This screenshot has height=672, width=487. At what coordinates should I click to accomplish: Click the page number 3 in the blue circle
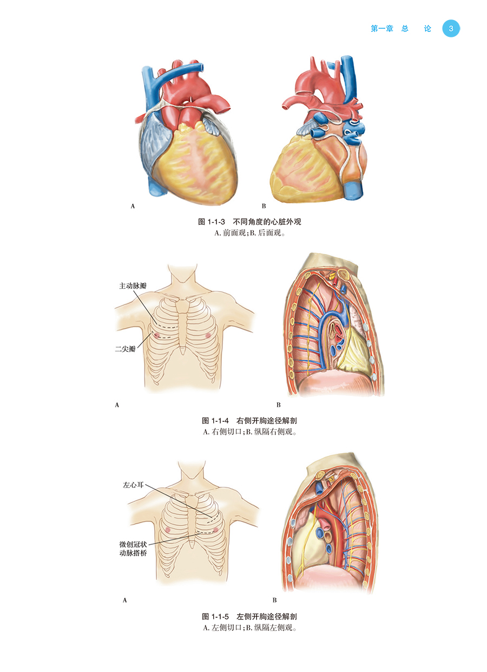pos(451,29)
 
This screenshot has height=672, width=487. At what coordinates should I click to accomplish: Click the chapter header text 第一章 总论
pos(401,29)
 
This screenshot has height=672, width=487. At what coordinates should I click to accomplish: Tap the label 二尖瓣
pos(126,350)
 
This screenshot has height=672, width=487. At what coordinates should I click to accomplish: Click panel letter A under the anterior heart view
pos(133,206)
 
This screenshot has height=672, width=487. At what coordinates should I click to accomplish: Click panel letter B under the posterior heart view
pos(264,206)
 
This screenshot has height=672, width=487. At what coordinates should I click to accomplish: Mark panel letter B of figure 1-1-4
pos(279,404)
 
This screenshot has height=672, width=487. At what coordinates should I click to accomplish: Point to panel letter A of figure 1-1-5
pos(126,600)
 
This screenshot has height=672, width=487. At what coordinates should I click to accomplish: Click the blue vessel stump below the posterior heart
pos(354,191)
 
